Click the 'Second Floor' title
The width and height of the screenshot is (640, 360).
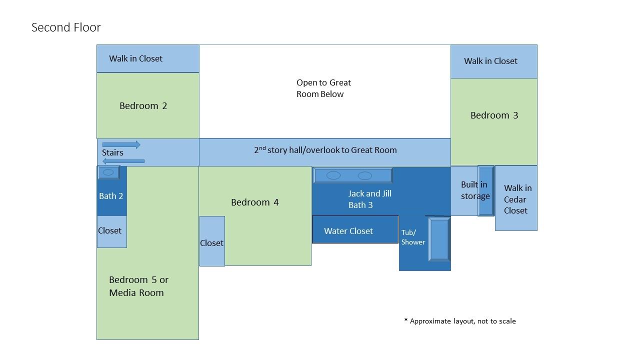(66, 27)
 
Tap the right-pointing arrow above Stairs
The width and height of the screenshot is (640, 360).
(121, 144)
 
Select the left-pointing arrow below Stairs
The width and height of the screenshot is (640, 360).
(123, 161)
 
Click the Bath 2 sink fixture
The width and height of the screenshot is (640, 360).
(108, 172)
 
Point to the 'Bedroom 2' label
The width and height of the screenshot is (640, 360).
(143, 106)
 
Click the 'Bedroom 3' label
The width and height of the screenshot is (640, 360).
(494, 115)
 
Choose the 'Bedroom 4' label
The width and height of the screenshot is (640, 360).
(254, 202)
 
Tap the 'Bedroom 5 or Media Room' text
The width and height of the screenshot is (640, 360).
(138, 286)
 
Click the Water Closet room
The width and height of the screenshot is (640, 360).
(355, 230)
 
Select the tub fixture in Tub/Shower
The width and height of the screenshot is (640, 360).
(439, 239)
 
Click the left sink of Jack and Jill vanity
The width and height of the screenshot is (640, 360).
(333, 175)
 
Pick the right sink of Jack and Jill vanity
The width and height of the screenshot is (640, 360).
(365, 175)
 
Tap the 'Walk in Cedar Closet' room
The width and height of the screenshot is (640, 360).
(517, 199)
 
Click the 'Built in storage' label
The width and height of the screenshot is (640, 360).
(474, 190)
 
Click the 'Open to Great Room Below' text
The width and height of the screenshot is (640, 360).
(323, 88)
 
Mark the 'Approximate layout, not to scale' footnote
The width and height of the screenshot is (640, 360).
(459, 321)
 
